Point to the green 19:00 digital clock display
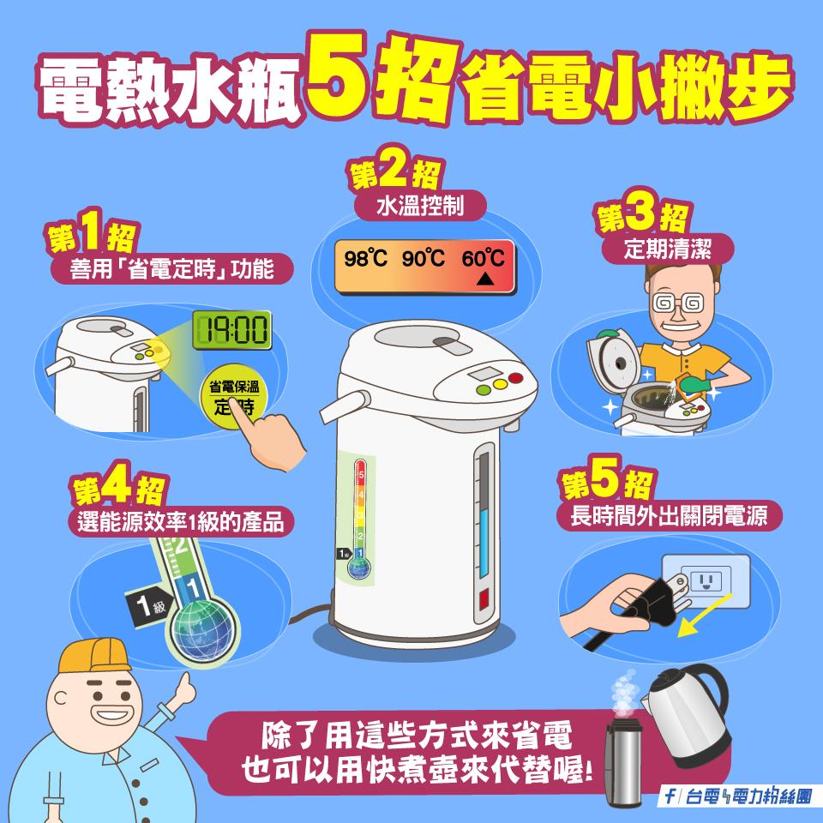click(x=231, y=328)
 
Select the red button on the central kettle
click(x=514, y=378)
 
